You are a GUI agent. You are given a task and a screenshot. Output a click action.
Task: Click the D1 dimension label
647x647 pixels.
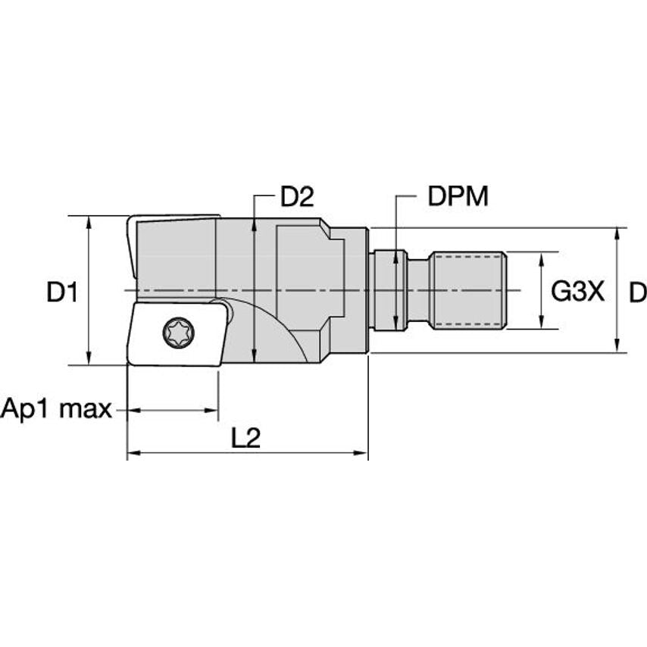(62, 292)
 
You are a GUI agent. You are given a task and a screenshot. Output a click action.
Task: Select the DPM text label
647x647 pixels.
(458, 196)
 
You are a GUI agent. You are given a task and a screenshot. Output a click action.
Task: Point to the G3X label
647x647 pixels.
(577, 292)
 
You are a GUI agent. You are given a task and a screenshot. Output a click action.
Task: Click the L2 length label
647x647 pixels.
(246, 438)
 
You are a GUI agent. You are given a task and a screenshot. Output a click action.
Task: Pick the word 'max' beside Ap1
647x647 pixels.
(86, 409)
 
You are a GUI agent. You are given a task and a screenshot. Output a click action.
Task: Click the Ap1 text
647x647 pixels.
(27, 409)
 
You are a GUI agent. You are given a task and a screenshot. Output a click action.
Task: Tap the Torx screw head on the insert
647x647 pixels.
(179, 333)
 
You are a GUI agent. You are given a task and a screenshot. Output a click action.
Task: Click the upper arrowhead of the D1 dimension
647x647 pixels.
(89, 223)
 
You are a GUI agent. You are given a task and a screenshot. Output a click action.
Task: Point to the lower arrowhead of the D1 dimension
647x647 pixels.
(89, 358)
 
